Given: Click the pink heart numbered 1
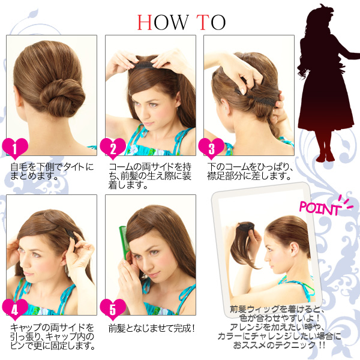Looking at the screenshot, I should [16, 146].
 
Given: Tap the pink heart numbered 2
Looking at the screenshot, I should [113, 146].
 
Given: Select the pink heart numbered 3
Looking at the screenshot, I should [211, 146].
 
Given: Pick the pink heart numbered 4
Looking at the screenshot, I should [16, 307].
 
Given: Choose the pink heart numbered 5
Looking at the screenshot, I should [113, 307].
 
